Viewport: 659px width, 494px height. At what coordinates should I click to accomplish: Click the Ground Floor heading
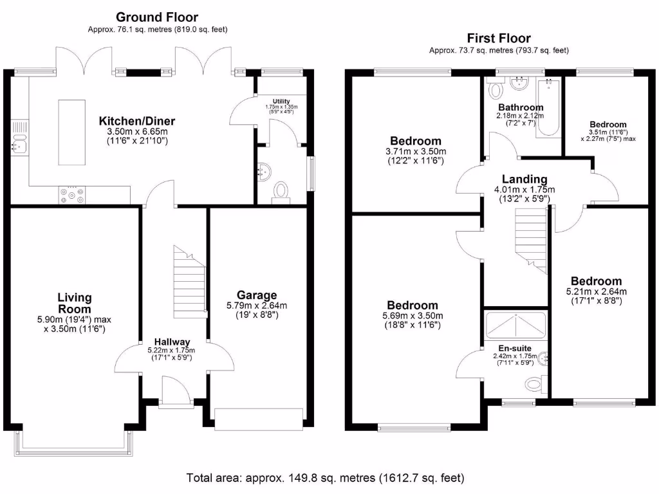pos(157,17)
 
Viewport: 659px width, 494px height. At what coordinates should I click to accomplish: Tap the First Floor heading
pos(499,38)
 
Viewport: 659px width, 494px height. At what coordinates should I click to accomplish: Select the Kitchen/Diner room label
pos(137,121)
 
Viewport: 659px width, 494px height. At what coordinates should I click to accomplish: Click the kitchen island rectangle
pos(72,133)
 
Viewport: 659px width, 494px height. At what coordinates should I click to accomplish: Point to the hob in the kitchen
pos(72,195)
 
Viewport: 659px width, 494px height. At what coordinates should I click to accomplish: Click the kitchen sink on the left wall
pos(19,146)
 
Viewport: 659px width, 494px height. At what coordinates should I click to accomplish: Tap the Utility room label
pos(281,101)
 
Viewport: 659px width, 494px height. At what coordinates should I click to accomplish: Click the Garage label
pos(257,295)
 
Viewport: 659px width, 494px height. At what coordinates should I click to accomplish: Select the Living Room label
pos(75,304)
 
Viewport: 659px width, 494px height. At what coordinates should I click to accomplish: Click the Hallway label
pos(172,342)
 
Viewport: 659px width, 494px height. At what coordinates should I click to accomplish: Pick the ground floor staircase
pos(190,282)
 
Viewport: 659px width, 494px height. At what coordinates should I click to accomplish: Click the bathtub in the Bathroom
pos(548,107)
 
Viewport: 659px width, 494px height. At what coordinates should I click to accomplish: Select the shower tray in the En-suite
pos(515,325)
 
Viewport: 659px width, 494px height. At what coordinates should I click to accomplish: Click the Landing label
pos(524,179)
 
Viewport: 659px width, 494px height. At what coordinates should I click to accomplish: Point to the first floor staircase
pos(532,241)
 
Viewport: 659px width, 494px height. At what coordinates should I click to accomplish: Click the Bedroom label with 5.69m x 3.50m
pos(413,306)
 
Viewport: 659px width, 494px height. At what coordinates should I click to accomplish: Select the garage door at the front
pos(259,419)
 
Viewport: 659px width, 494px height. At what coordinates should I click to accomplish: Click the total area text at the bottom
pos(325,478)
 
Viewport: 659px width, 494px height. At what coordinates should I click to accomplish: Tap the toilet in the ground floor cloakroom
pos(281,192)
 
